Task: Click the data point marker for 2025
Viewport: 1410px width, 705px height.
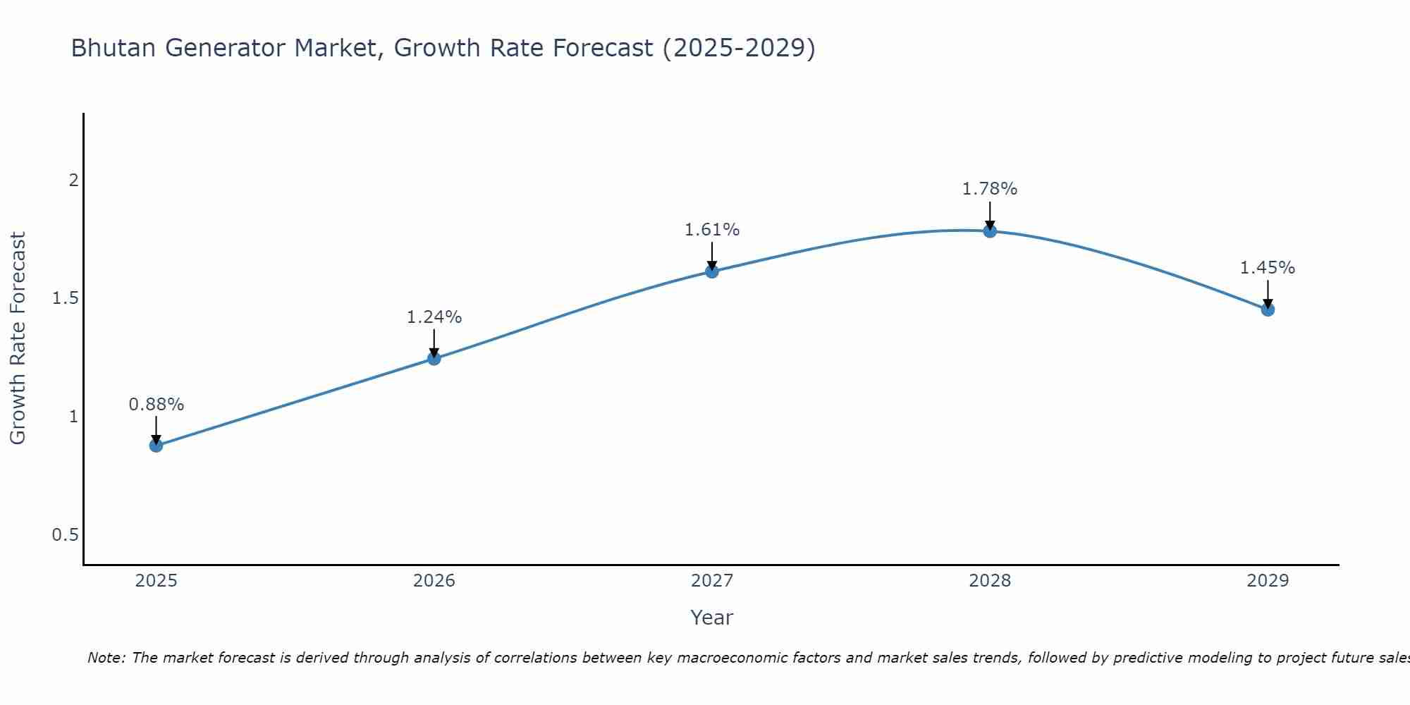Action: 156,446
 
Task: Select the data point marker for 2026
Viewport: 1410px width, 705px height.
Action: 434,359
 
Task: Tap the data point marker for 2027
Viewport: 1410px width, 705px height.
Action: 712,271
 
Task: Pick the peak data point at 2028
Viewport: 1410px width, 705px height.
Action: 990,231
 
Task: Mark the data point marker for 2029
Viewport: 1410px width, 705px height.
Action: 1268,309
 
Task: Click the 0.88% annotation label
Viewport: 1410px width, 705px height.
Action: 156,405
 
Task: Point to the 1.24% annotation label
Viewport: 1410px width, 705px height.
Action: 434,317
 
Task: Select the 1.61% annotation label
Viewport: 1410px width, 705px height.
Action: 712,230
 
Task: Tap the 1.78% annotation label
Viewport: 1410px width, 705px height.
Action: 990,189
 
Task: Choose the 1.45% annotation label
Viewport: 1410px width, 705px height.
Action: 1268,268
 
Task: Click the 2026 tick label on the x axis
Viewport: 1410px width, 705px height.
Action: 434,581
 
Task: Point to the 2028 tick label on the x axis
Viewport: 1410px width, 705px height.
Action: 990,581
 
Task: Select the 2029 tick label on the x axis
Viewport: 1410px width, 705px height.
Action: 1268,581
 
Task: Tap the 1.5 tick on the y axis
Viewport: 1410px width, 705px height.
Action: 65,298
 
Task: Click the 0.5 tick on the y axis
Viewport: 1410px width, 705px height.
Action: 65,535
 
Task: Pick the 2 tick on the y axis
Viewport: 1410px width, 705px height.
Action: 73,180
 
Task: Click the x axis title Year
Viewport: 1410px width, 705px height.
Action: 712,618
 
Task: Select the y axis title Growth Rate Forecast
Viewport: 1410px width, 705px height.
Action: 18,338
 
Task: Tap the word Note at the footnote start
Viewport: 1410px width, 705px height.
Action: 106,658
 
